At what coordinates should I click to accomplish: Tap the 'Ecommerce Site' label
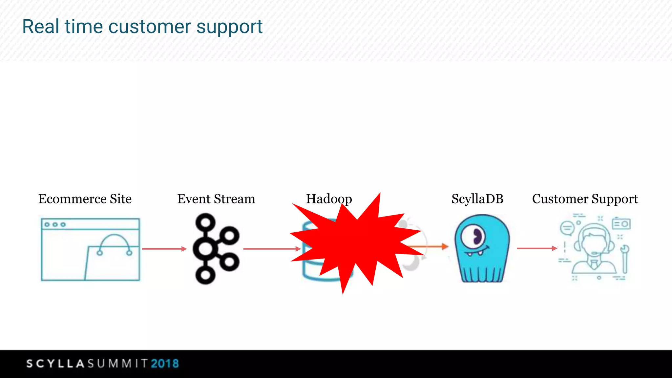point(85,199)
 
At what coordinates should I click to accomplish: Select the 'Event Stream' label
point(216,199)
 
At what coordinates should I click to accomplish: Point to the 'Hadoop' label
point(329,199)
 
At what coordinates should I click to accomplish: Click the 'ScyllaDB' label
point(477,199)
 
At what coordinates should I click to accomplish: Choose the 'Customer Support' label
point(585,199)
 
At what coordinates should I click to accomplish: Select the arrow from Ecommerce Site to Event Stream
point(164,249)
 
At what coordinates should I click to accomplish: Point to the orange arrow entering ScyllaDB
point(433,246)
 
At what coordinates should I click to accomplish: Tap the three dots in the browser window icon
point(55,224)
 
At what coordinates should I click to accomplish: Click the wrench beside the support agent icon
point(625,259)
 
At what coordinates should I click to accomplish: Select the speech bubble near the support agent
point(567,228)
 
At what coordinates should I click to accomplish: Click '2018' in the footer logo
point(165,364)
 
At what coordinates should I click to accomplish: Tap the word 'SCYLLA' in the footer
point(56,364)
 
